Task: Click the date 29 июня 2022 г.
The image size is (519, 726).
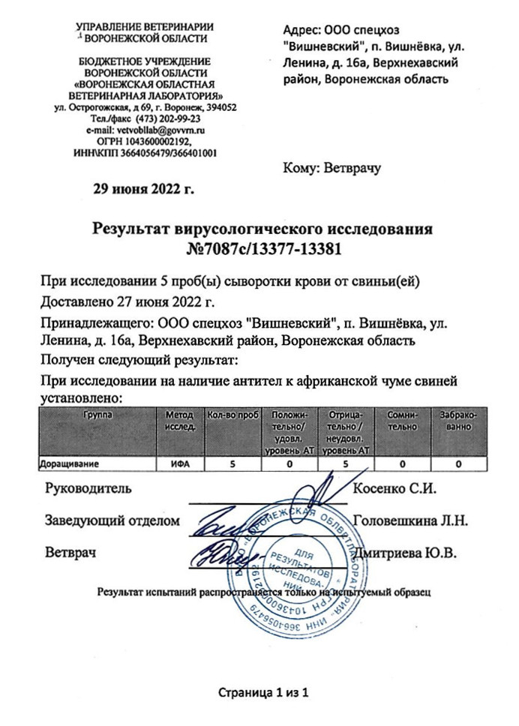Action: (142, 188)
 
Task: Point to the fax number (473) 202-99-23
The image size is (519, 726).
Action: (168, 119)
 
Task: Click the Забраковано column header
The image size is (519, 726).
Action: (456, 421)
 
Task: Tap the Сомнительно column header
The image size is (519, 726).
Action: (403, 421)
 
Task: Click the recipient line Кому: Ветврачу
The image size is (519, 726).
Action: (332, 167)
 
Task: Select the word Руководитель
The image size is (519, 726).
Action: (89, 489)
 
